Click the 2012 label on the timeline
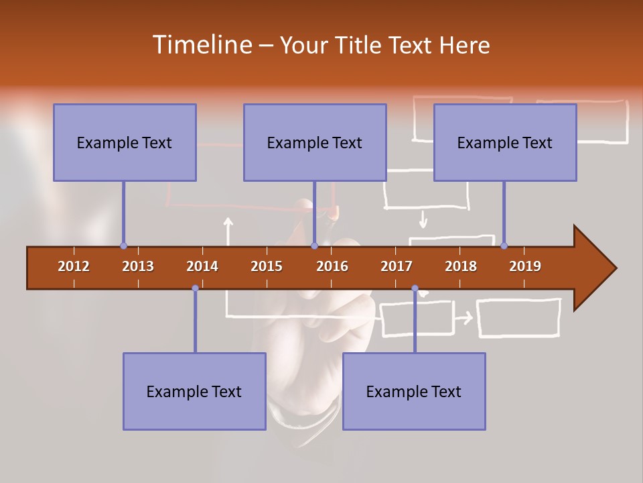coord(74,266)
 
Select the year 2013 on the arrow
coord(138,266)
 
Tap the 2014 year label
coord(202,266)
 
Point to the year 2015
coord(267,266)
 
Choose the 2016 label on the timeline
coord(332,266)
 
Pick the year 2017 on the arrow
coord(397,266)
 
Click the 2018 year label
coord(461,266)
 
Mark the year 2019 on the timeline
coord(525,266)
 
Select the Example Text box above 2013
coord(125,142)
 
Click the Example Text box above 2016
coord(315,142)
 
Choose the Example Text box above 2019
coord(505,142)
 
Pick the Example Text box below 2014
coord(194,391)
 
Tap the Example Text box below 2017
coord(414,391)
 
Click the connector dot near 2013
coord(123,246)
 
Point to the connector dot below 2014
coord(195,288)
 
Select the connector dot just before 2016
coord(314,246)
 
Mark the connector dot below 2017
coord(415,288)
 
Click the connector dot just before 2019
coord(504,246)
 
